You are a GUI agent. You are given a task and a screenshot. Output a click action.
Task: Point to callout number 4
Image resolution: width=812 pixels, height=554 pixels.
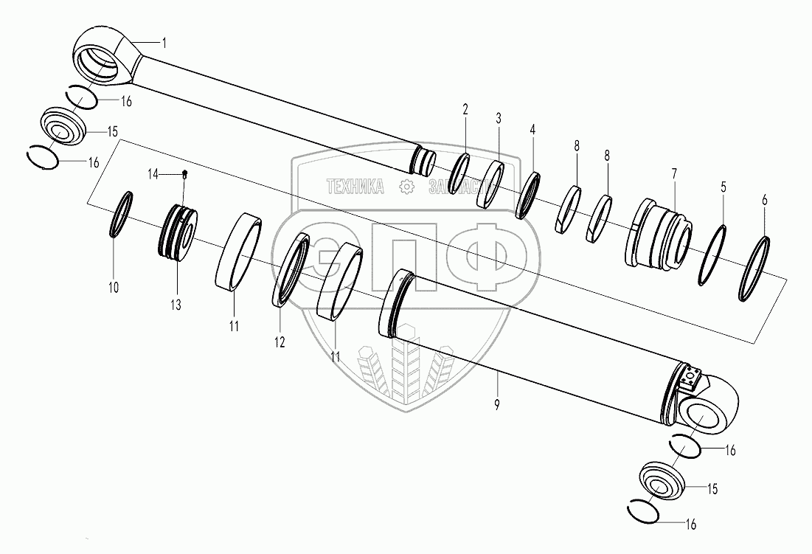tap(532, 129)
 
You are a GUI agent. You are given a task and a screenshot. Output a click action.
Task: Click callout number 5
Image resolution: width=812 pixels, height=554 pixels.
tap(723, 187)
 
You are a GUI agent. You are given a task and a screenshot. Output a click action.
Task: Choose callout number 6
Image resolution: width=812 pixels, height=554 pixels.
tap(764, 200)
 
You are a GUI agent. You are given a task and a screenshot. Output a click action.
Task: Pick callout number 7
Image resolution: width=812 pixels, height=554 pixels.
tap(673, 174)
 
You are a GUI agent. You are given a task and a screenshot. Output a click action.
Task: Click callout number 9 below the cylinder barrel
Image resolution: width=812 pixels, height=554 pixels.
tap(497, 404)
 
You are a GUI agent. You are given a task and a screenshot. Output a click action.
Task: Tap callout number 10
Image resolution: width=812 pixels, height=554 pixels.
tap(113, 287)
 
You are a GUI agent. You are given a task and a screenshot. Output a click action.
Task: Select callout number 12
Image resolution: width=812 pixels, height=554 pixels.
tap(280, 342)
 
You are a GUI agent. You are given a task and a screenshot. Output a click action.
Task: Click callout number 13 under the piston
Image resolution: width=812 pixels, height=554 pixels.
tap(177, 305)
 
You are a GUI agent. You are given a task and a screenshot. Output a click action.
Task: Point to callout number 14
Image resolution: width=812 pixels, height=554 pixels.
tap(153, 174)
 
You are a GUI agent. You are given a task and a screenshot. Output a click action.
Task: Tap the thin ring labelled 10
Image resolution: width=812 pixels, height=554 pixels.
tap(122, 214)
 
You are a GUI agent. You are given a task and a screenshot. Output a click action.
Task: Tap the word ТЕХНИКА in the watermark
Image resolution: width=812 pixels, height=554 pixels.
tap(355, 187)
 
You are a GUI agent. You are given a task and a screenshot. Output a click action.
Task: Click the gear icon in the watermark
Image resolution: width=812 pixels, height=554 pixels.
tap(406, 187)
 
